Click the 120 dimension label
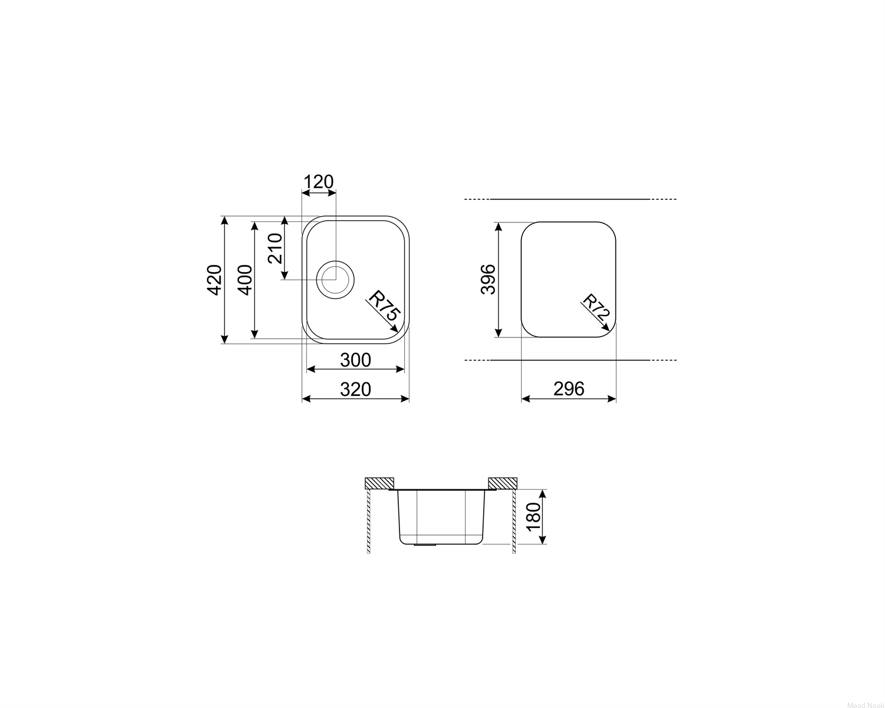coord(318,181)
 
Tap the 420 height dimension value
coord(214,280)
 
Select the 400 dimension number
coord(245,280)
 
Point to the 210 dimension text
coord(275,248)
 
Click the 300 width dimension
coord(356,360)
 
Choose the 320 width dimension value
coord(356,389)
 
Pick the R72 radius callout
coord(596,308)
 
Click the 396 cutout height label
coord(488,279)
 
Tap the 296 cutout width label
coord(569,389)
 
